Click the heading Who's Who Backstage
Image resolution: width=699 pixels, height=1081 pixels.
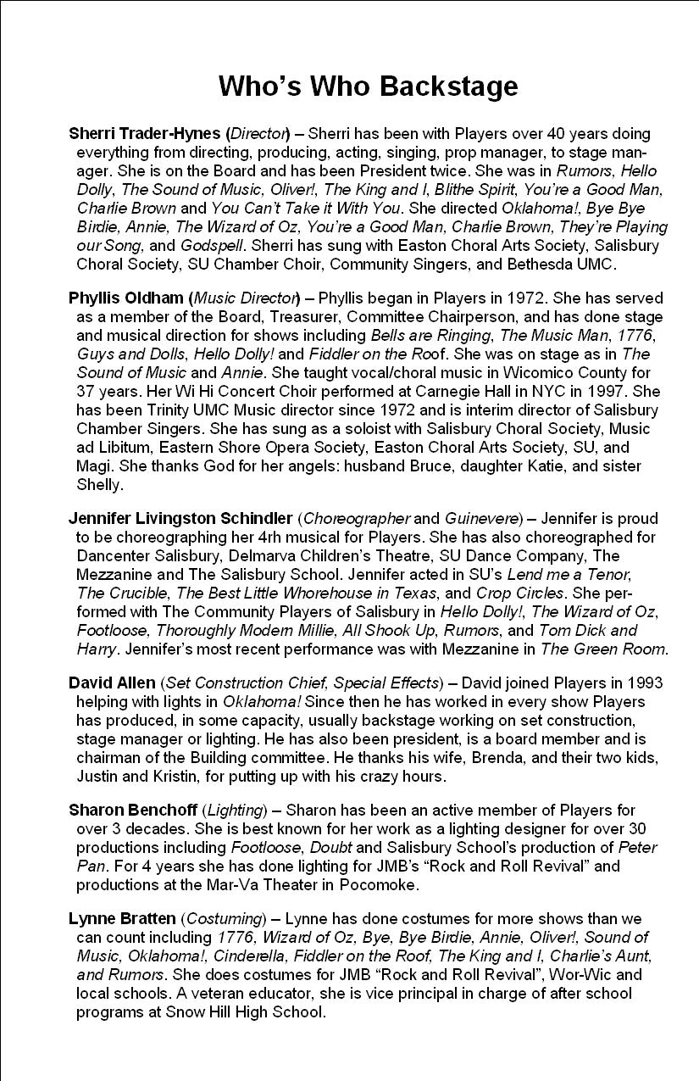pyautogui.click(x=368, y=86)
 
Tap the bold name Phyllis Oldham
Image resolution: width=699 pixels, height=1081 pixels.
pyautogui.click(x=125, y=298)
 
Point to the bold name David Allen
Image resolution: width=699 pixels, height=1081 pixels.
pyautogui.click(x=112, y=683)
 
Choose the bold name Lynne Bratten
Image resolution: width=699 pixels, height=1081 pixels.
pyautogui.click(x=122, y=918)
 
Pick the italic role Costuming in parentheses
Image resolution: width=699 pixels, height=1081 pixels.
pyautogui.click(x=219, y=918)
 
